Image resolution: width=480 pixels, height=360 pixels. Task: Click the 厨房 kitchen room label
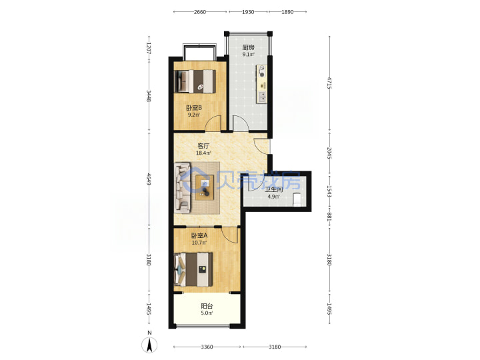248,47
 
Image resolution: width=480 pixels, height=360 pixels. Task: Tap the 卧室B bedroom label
194,108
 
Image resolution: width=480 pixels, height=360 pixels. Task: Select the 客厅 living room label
203,146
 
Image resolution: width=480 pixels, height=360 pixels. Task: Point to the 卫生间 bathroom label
274,189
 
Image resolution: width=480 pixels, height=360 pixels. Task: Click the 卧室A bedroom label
199,235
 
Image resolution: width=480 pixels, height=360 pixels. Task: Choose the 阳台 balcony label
207,306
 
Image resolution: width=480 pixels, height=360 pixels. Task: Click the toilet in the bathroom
297,199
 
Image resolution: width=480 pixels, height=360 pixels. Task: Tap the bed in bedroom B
195,81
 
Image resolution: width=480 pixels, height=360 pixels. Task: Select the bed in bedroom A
193,269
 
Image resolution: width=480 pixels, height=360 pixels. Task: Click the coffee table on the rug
205,187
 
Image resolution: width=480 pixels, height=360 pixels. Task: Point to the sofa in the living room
182,187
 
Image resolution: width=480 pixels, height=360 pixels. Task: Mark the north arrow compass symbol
149,345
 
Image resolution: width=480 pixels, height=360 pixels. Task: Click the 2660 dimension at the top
200,12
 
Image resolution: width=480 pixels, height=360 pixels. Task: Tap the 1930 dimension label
248,12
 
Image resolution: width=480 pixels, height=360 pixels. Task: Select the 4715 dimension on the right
329,83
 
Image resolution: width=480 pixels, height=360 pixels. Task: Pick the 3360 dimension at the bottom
207,347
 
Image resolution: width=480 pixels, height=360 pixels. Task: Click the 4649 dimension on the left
149,179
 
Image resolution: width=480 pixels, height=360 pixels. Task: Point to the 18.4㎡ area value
203,153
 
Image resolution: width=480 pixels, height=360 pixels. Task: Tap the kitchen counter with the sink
262,84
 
